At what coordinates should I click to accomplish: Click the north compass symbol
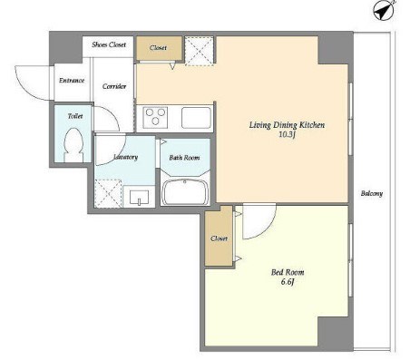384,10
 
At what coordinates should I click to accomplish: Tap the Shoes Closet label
109,44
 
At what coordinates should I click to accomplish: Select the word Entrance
72,81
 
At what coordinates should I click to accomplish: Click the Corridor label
114,86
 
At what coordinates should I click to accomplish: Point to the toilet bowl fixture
73,145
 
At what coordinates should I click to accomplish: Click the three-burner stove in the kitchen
156,117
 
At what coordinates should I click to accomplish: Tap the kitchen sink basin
196,118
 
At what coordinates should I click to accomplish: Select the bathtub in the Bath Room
185,192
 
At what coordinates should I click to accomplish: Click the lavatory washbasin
139,197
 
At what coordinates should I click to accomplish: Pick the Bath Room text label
184,158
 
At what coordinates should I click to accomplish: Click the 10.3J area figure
287,135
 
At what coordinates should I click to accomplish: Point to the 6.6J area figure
288,282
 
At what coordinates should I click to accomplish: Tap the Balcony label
372,193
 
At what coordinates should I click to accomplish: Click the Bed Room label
288,272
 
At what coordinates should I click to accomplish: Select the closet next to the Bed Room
219,236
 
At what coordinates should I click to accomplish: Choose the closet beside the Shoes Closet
159,48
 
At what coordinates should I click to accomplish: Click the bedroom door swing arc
266,229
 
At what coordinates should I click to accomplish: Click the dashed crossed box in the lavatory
108,193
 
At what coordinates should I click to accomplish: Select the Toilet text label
75,116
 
